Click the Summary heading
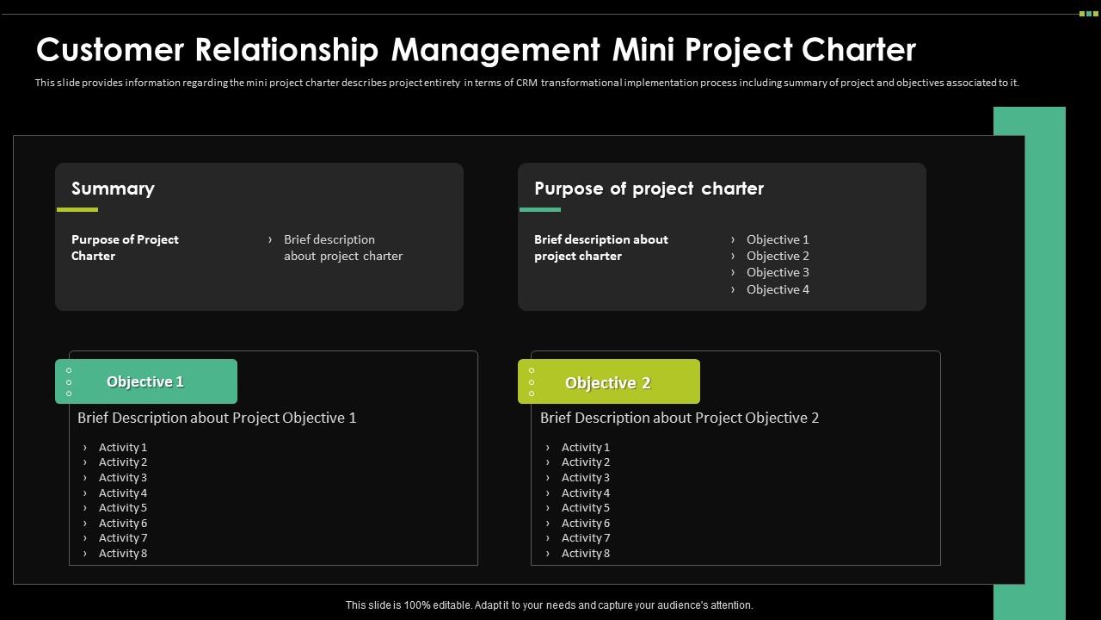113,189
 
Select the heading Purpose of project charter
649,189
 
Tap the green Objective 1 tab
145,381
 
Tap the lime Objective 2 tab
608,382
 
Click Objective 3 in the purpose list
778,272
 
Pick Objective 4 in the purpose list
778,289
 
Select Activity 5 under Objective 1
123,507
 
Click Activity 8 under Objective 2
586,553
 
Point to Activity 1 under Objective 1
123,447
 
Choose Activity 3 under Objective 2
586,477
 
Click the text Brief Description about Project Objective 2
680,418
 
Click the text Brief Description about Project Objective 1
217,418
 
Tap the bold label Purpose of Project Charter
125,247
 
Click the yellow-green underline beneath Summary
77,209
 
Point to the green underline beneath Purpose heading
540,209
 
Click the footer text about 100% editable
549,605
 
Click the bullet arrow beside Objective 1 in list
733,239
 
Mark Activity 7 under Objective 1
123,537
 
